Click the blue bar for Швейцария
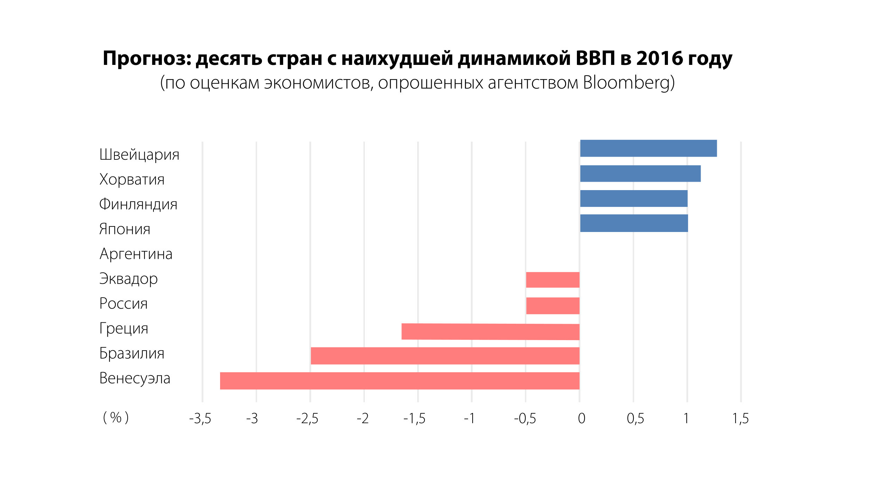click(648, 148)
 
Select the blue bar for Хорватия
click(640, 173)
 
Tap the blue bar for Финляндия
click(633, 198)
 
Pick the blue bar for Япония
click(634, 223)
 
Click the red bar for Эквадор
click(552, 280)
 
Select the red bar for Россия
click(552, 306)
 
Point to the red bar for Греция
click(490, 332)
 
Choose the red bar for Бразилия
click(445, 356)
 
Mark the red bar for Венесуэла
click(399, 381)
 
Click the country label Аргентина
click(136, 254)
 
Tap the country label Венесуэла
click(135, 378)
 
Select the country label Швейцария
click(139, 155)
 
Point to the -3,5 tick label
click(200, 418)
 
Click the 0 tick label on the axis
click(581, 418)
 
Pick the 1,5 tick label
click(740, 418)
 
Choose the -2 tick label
click(362, 418)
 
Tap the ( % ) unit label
click(115, 418)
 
